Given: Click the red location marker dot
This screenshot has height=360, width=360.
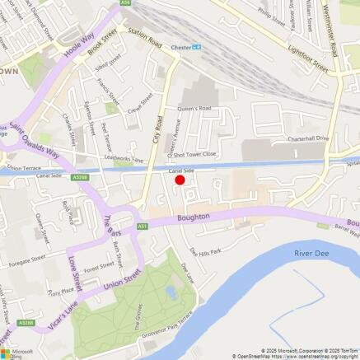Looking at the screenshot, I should click(180, 180).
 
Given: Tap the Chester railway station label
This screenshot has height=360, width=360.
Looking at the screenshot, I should click(180, 47).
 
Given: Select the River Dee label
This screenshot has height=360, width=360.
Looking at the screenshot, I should click(311, 253).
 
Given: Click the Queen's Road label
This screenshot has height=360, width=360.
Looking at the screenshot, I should click(196, 108).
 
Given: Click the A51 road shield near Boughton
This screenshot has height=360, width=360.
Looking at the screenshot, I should click(143, 225).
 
